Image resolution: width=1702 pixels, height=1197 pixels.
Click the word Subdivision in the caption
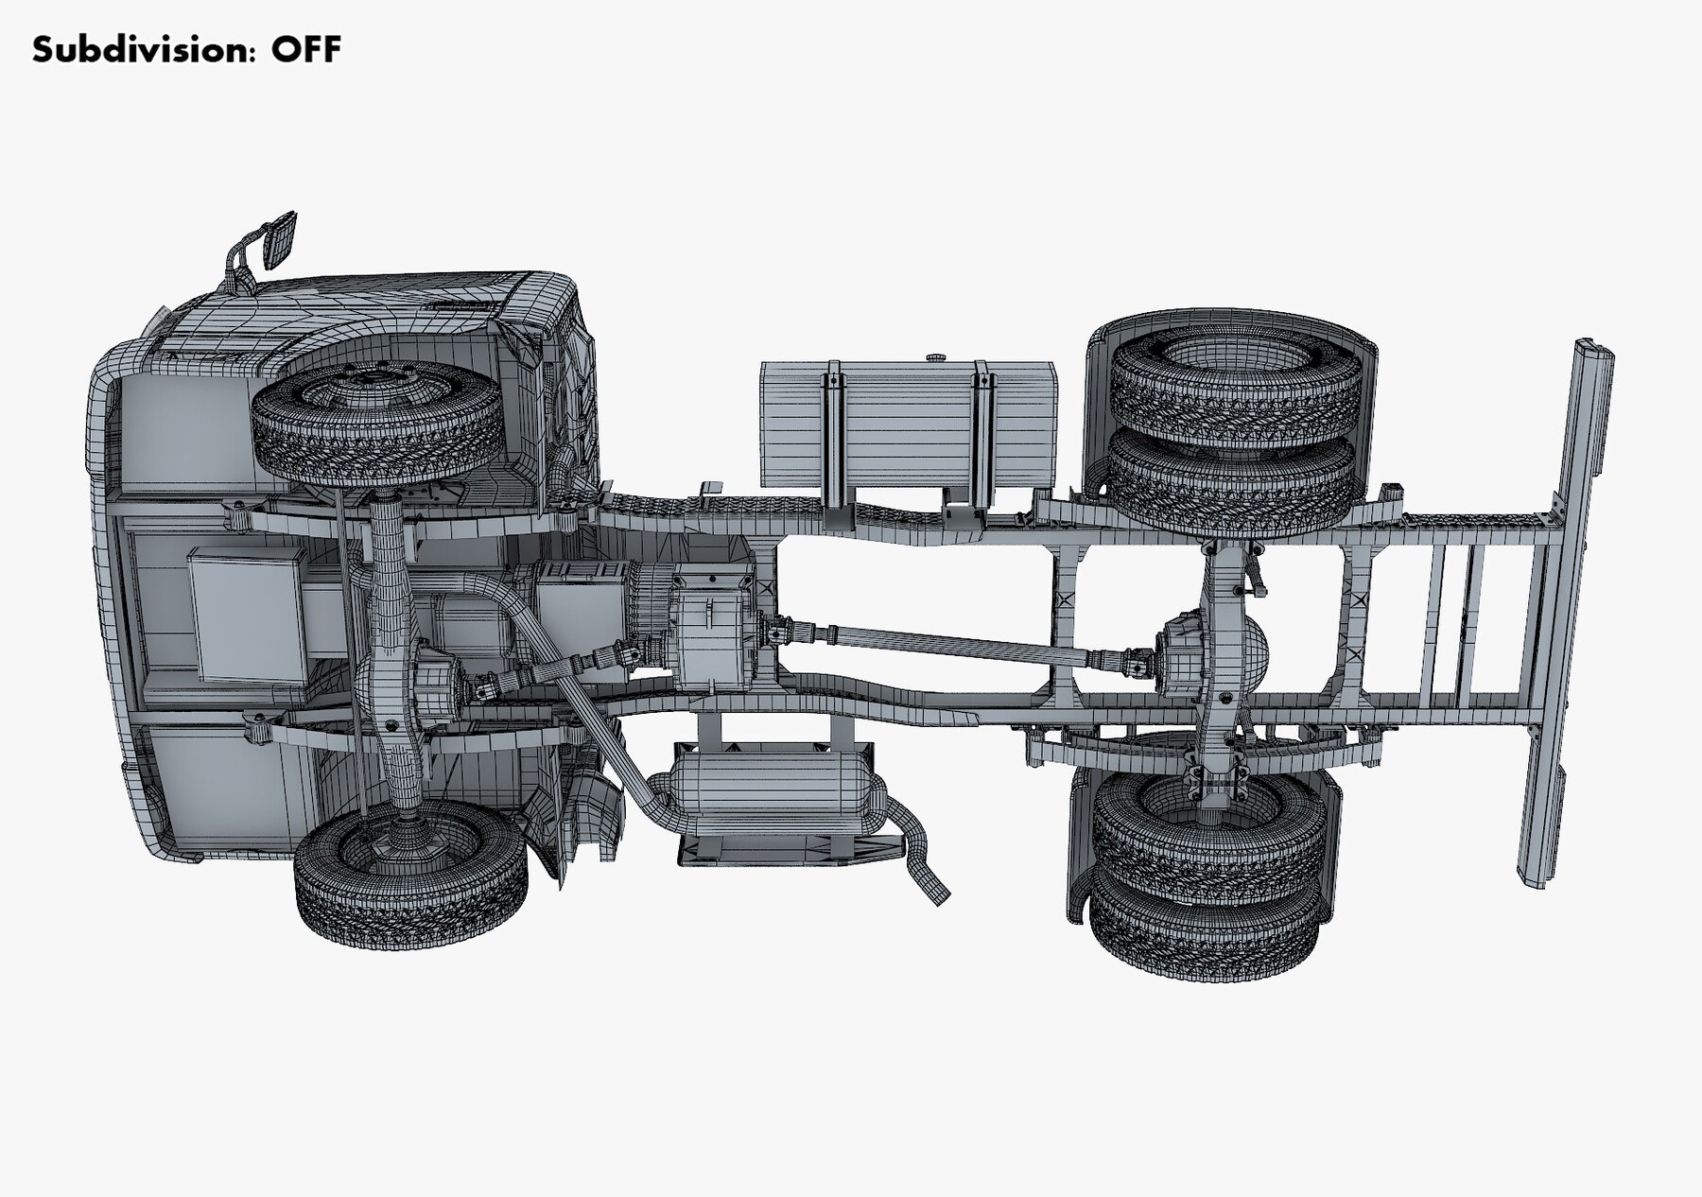click(143, 49)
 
